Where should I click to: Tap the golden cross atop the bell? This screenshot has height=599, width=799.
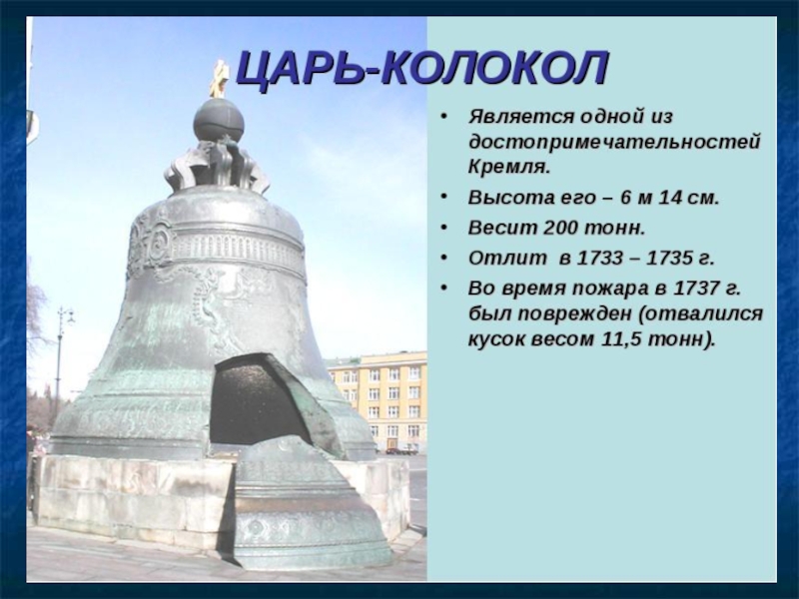[218, 79]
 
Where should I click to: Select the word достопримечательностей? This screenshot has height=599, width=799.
[614, 141]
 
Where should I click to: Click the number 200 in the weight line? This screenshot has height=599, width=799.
[560, 228]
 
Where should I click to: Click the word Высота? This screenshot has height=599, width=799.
[504, 197]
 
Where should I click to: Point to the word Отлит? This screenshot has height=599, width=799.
[500, 258]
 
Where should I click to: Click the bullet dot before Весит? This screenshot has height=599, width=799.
[444, 228]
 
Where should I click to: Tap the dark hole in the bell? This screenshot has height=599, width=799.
[258, 402]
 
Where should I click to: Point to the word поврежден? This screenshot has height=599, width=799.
[573, 313]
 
